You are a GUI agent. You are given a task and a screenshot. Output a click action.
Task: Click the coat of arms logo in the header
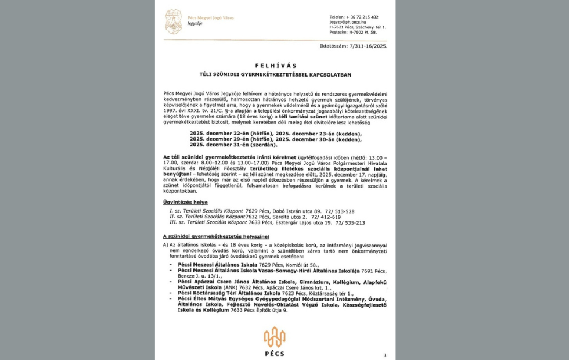[174, 21]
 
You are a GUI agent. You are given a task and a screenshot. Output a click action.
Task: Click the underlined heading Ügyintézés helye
[185, 202]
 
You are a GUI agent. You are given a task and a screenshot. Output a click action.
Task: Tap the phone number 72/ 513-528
[340, 211]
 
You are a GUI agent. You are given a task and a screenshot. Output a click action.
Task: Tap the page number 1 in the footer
[385, 354]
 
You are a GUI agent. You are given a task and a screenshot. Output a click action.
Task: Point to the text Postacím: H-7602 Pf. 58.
[353, 33]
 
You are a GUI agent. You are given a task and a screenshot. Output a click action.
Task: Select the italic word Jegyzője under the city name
[195, 24]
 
